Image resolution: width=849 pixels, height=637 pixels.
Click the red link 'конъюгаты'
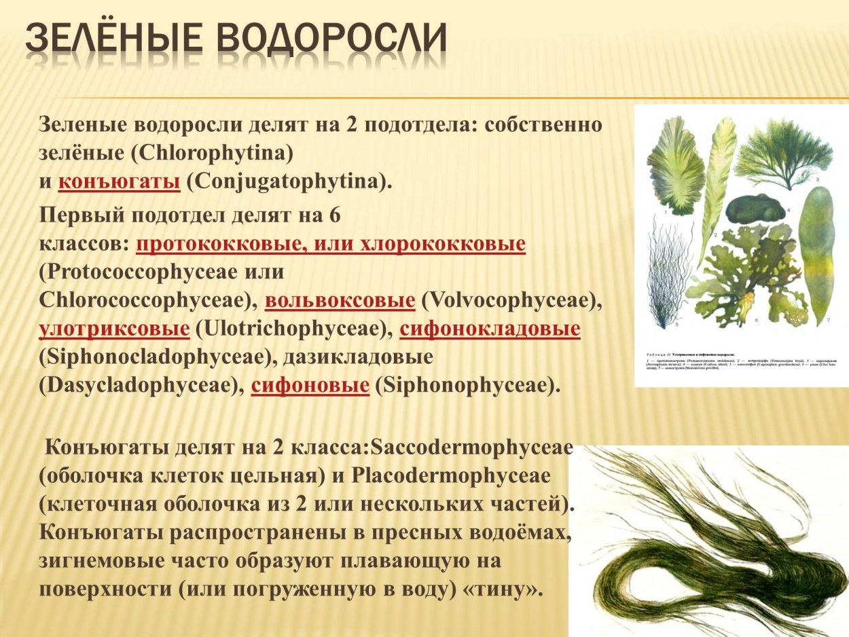click(x=119, y=182)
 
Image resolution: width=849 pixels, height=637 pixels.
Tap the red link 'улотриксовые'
click(x=114, y=329)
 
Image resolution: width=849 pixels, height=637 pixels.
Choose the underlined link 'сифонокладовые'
click(x=490, y=329)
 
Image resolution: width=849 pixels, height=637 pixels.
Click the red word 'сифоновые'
click(x=310, y=386)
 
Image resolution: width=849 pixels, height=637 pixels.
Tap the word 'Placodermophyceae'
click(x=451, y=475)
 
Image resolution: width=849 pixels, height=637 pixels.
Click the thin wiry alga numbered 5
click(x=668, y=272)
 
